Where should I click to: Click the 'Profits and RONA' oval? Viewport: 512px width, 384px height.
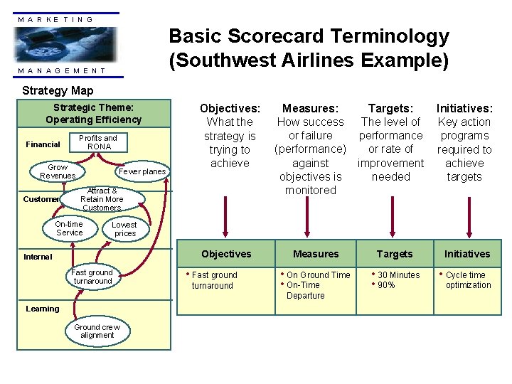(x=97, y=142)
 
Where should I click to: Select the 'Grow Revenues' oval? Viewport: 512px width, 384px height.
(x=58, y=172)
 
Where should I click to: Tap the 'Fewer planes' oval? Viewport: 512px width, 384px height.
(x=142, y=171)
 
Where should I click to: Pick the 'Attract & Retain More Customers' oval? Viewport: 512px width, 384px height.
(x=102, y=199)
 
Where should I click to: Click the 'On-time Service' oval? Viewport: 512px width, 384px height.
(x=69, y=228)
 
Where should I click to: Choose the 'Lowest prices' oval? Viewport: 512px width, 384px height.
(x=124, y=229)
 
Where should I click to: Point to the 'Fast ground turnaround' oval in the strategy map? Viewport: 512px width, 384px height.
(x=92, y=277)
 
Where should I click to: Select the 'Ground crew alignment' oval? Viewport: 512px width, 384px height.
(x=97, y=331)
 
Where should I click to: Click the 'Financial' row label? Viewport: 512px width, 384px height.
(x=43, y=144)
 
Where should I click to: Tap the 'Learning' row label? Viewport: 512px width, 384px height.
(x=43, y=309)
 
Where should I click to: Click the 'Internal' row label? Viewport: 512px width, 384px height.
(x=38, y=257)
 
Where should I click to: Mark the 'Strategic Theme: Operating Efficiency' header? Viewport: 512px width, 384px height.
(x=97, y=114)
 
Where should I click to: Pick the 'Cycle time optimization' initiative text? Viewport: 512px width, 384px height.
(x=468, y=280)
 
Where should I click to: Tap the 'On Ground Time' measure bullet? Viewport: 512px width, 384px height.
(x=318, y=275)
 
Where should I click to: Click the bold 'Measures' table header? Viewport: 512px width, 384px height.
(x=316, y=254)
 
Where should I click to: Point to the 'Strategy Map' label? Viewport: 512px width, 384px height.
(x=58, y=90)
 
